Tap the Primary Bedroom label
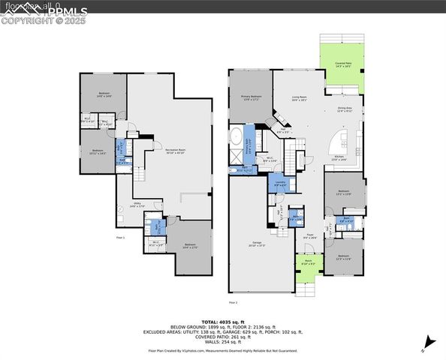251,97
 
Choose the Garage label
257,244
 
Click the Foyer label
309,236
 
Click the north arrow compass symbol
426,344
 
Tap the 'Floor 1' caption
119,238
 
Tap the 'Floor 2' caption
232,302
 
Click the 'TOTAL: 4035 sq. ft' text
222,322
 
